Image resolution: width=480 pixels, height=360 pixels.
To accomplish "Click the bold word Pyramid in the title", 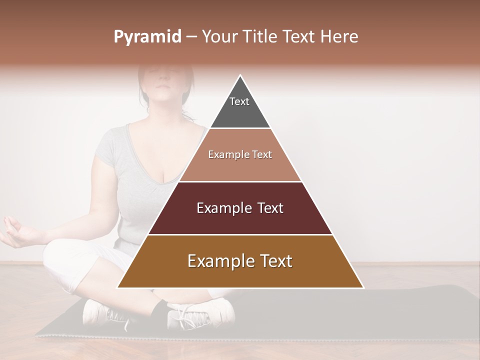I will point(147,37).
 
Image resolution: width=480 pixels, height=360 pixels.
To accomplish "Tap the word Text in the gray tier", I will point(239,101).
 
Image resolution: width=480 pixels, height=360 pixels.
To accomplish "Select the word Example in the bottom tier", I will point(218,261).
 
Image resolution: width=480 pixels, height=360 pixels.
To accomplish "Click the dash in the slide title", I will point(191,37).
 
